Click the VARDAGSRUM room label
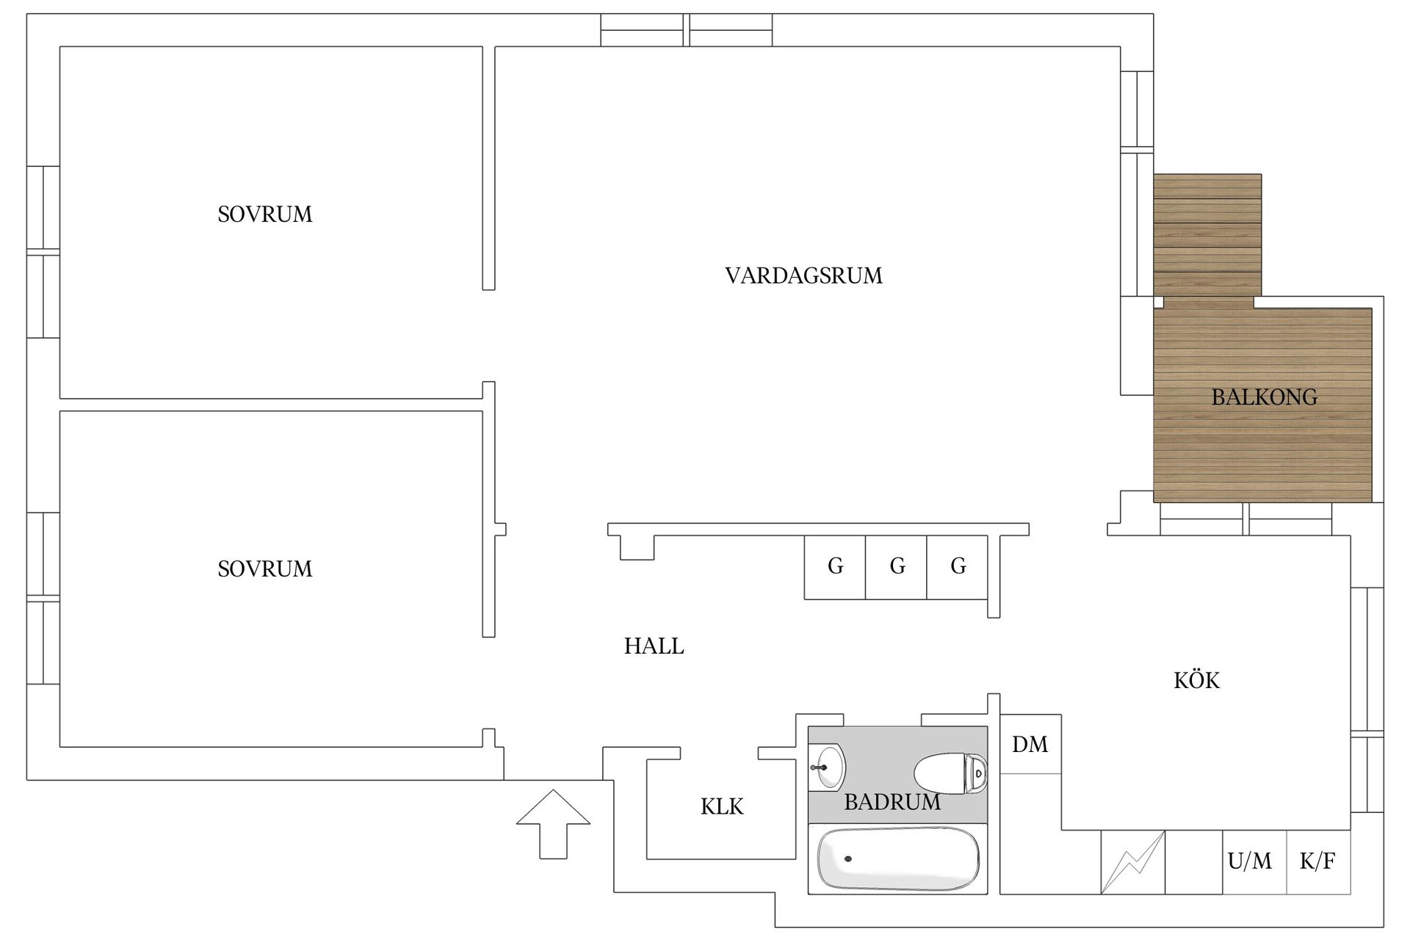pyautogui.click(x=803, y=276)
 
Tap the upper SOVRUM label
pyautogui.click(x=264, y=214)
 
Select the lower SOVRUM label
pyautogui.click(x=264, y=569)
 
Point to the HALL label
pyautogui.click(x=654, y=646)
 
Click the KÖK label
pyautogui.click(x=1196, y=681)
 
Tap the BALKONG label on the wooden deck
pyautogui.click(x=1264, y=397)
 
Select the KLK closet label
pyautogui.click(x=721, y=807)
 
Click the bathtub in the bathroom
pyautogui.click(x=897, y=859)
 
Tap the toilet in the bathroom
pyautogui.click(x=950, y=773)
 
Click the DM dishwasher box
pyautogui.click(x=1030, y=745)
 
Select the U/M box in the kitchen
pyautogui.click(x=1249, y=861)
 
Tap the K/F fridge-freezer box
pyautogui.click(x=1317, y=861)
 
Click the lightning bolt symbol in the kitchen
pyautogui.click(x=1132, y=862)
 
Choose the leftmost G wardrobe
pyautogui.click(x=835, y=566)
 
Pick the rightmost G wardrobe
pyautogui.click(x=958, y=566)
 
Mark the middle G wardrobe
pyautogui.click(x=897, y=566)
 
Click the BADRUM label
pyautogui.click(x=892, y=802)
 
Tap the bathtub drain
pyautogui.click(x=848, y=858)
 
